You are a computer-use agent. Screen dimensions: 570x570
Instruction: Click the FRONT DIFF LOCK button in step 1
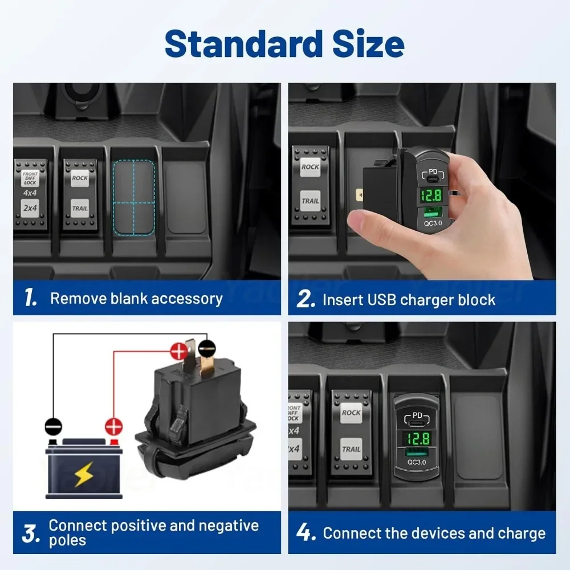(30, 178)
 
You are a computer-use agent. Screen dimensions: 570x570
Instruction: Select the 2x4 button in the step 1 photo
(30, 208)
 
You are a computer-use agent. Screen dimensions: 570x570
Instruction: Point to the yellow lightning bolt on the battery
(84, 474)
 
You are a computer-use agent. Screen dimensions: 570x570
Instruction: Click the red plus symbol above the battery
(114, 426)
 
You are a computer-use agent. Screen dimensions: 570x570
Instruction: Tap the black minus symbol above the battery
(54, 426)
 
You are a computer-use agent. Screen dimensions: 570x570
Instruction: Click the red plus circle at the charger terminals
(179, 352)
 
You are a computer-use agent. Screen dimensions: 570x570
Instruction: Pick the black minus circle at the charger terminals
(207, 349)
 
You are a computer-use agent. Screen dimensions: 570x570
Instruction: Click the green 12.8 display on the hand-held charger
(431, 196)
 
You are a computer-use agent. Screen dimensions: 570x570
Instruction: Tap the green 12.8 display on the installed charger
(418, 438)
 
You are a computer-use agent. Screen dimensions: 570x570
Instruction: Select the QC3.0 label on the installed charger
(417, 462)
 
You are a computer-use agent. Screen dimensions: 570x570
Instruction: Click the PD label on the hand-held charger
(433, 172)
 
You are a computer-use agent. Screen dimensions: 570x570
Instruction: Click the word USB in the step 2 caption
(382, 300)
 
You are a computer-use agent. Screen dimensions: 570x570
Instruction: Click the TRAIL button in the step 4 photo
(351, 449)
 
